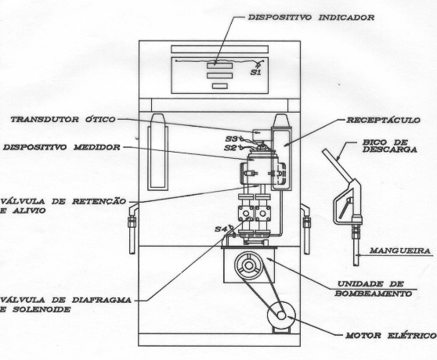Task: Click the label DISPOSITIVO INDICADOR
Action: click(311, 17)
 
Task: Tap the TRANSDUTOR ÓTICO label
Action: click(63, 120)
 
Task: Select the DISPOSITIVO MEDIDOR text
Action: click(62, 147)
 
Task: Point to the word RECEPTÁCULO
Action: click(383, 120)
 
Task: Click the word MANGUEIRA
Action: click(400, 250)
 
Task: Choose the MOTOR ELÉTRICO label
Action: click(391, 336)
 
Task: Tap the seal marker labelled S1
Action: click(255, 73)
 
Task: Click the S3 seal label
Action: click(231, 139)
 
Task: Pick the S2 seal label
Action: click(230, 148)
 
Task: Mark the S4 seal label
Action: click(221, 229)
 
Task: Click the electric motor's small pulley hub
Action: click(281, 315)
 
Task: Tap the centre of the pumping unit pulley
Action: click(249, 265)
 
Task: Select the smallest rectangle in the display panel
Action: click(220, 86)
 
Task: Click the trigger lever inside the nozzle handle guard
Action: click(345, 208)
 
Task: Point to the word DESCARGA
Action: click(390, 149)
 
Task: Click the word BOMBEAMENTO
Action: click(374, 293)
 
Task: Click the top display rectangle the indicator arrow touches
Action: click(219, 66)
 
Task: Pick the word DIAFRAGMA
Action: click(102, 300)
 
